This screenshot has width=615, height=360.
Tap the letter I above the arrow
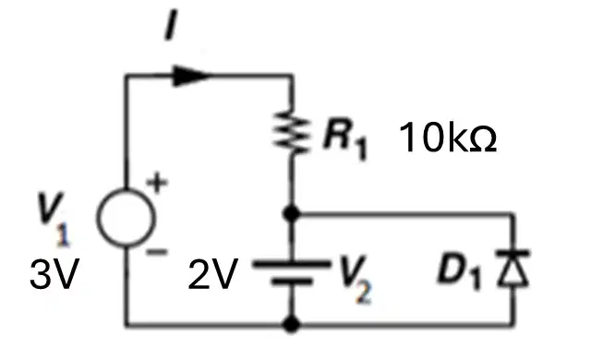171,25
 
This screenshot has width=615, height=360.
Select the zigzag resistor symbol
292,131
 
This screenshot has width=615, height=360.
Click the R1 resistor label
344,138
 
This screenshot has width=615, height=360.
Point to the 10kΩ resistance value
448,138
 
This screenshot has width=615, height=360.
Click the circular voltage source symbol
127,218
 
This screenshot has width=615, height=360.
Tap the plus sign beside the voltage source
157,183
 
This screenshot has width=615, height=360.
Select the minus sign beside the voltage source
157,252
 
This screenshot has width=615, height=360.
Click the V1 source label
54,220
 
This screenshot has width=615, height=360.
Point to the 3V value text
54,274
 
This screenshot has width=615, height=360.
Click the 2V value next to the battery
213,274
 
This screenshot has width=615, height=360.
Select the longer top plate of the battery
292,264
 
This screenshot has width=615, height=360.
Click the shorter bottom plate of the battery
292,282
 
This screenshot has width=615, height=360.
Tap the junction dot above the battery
292,214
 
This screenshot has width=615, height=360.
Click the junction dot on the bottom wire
292,324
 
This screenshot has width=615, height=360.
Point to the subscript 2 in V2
364,294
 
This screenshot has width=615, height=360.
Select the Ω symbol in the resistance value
483,140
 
